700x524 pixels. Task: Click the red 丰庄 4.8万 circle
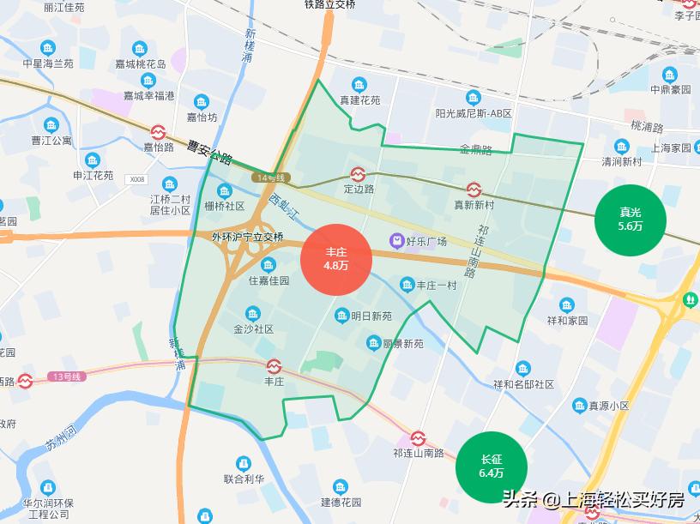pyautogui.click(x=336, y=259)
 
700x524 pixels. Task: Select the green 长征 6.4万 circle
pyautogui.click(x=492, y=467)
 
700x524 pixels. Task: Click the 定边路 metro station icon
pyautogui.click(x=359, y=172)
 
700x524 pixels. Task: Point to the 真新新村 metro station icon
pyautogui.click(x=474, y=189)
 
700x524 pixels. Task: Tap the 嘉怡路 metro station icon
pyautogui.click(x=159, y=131)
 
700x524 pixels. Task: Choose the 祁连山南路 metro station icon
pyautogui.click(x=418, y=437)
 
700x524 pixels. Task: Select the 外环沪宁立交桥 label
pyautogui.click(x=247, y=237)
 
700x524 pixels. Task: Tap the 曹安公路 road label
pyautogui.click(x=209, y=151)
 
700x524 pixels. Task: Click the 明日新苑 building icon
pyautogui.click(x=341, y=315)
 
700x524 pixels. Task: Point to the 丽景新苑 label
pyautogui.click(x=403, y=344)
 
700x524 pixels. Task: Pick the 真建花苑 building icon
pyautogui.click(x=359, y=84)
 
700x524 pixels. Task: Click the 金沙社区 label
pyautogui.click(x=253, y=328)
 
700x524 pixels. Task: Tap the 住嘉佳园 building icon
pyautogui.click(x=269, y=264)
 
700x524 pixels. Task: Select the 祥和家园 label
pyautogui.click(x=567, y=321)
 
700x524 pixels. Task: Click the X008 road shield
pyautogui.click(x=136, y=180)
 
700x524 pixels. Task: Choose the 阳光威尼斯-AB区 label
pyautogui.click(x=473, y=113)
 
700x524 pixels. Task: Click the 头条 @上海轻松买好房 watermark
pyautogui.click(x=593, y=499)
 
